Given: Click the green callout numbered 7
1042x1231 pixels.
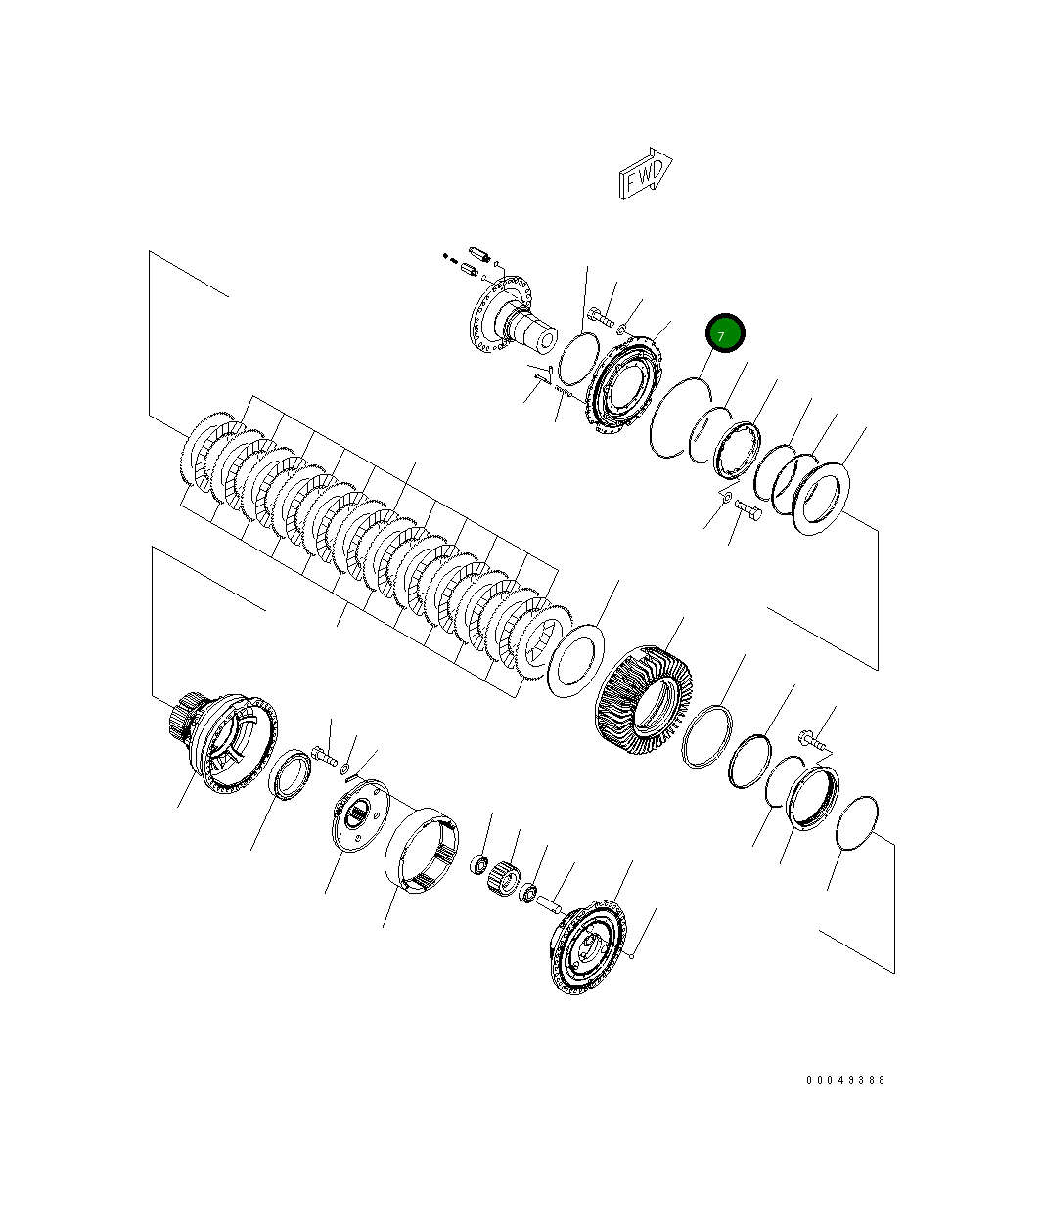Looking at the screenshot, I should pos(725,334).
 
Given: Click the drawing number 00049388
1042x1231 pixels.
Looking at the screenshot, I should pos(845,1080).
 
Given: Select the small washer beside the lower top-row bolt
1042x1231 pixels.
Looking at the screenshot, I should pos(726,498).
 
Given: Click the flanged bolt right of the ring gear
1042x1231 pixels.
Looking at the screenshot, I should pos(812,741).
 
